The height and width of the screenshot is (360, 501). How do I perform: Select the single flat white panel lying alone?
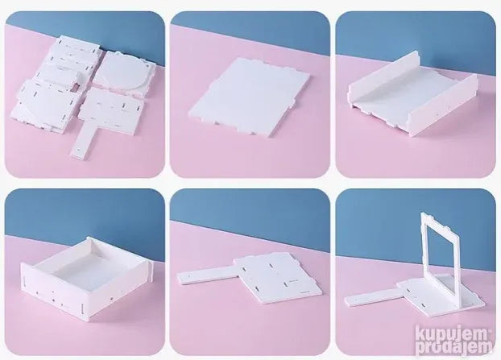(x=250, y=97)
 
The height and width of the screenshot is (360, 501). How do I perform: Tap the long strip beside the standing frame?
(x=372, y=300)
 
